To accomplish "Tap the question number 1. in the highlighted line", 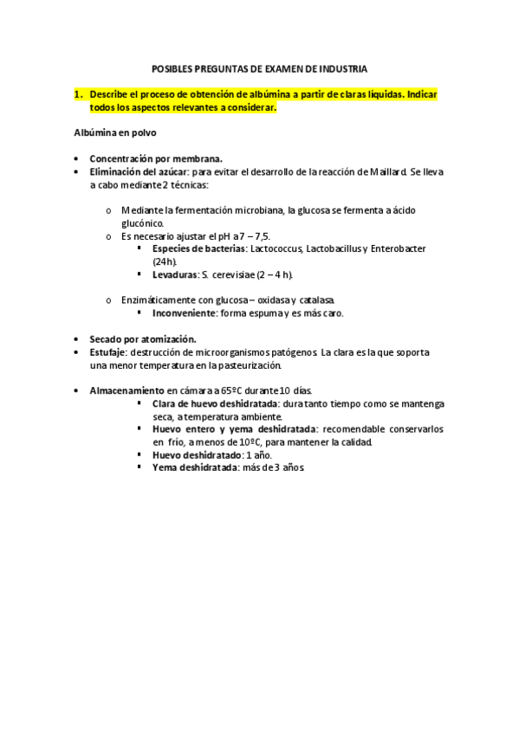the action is pyautogui.click(x=78, y=92).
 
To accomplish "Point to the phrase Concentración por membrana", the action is pyautogui.click(x=156, y=159).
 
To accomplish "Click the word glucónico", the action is pyautogui.click(x=143, y=223).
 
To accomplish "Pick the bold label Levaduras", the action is pyautogui.click(x=174, y=274).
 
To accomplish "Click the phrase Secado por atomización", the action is pyautogui.click(x=143, y=339).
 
